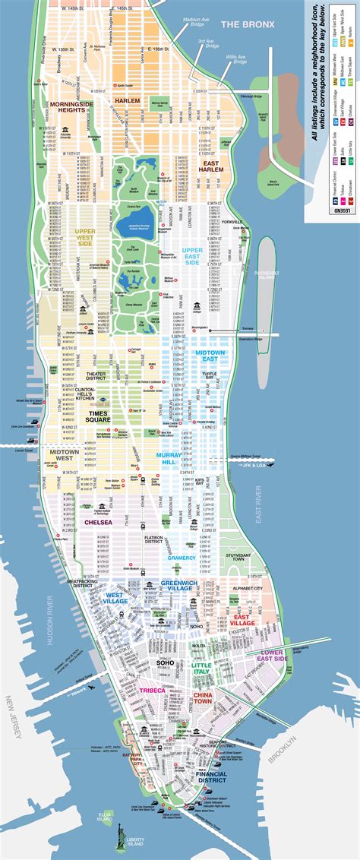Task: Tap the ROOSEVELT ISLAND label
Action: click(269, 299)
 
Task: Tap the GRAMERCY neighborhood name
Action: click(182, 558)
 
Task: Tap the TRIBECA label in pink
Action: click(152, 690)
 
